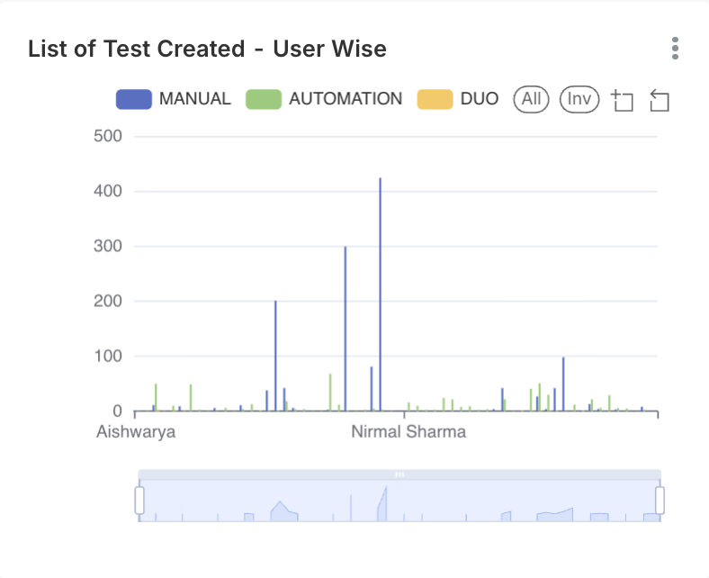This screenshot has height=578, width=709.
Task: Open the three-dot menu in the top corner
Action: click(x=675, y=49)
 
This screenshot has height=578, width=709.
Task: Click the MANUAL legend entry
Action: click(x=174, y=99)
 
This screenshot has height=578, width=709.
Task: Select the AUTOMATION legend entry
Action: click(x=324, y=99)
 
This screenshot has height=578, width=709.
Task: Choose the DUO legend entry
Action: click(x=458, y=99)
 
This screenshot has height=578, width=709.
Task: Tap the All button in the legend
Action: click(x=531, y=99)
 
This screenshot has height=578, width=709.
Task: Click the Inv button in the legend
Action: click(x=579, y=99)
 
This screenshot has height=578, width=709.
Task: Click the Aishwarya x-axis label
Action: click(x=136, y=432)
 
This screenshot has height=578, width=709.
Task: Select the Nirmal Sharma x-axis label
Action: click(x=408, y=432)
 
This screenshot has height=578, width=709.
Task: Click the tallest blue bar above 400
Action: click(x=380, y=288)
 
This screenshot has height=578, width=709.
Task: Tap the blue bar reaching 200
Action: click(x=275, y=356)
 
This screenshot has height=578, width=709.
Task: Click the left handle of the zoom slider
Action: click(x=139, y=501)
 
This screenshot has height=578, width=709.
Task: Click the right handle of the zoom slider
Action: click(x=660, y=501)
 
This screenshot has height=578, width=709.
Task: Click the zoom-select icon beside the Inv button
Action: click(x=623, y=101)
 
